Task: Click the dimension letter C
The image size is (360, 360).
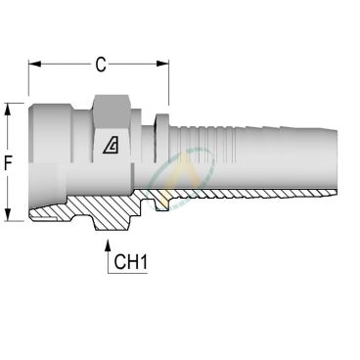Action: point(100,66)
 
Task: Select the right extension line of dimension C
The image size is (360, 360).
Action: point(167,83)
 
